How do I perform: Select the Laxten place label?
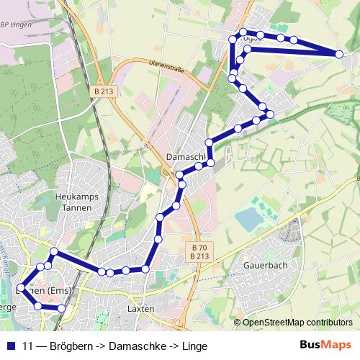[x=140, y=308]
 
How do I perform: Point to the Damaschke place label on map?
[x=186, y=156]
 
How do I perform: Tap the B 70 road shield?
[x=199, y=247]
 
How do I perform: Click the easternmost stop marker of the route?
[x=339, y=53]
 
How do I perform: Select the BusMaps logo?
[x=325, y=345]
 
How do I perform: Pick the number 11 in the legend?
[x=28, y=346]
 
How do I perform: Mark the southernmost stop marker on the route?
[x=61, y=308]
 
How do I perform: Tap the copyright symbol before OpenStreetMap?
[x=237, y=323]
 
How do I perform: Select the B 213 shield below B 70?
[x=199, y=256]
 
